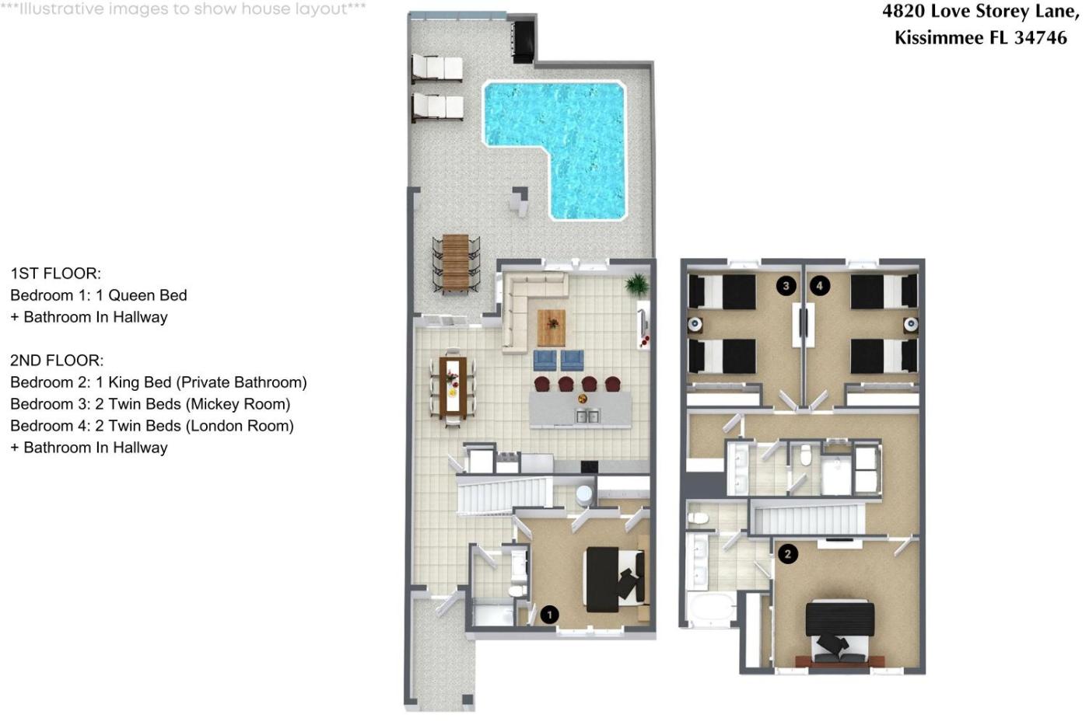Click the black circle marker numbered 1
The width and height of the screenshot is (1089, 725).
(549, 615)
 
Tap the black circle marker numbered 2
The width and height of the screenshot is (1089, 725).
(787, 553)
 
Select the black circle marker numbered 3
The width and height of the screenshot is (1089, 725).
(786, 285)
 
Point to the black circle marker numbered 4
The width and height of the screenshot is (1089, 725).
(820, 285)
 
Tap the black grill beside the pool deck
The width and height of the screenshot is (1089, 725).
(523, 41)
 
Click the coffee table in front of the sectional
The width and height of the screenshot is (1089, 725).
(552, 328)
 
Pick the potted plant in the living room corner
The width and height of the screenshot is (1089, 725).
(637, 284)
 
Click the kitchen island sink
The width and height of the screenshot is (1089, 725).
(587, 416)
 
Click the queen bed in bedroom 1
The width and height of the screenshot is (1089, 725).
(615, 580)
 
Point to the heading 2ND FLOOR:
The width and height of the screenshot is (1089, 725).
(57, 361)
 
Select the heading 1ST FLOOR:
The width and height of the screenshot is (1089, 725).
(55, 274)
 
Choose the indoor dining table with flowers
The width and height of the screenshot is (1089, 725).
(453, 388)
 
